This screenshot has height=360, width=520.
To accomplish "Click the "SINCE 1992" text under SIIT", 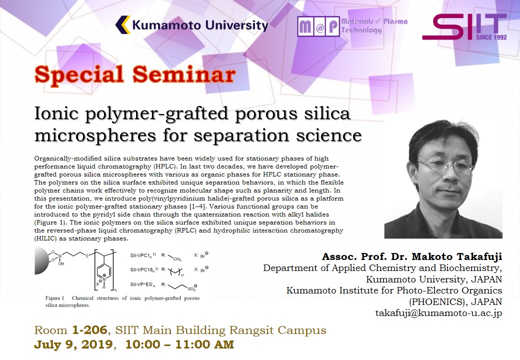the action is click(491, 37).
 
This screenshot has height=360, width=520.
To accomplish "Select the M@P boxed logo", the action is click(318, 26).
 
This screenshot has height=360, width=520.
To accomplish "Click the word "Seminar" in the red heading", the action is click(184, 74).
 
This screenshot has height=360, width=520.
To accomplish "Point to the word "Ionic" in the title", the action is click(56, 113).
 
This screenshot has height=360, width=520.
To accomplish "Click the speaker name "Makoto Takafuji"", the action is click(456, 256).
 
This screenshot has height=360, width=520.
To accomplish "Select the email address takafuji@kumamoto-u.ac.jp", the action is click(438, 313).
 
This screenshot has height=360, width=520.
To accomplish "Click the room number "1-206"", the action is click(89, 330).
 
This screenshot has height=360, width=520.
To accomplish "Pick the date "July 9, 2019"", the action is click(73, 345).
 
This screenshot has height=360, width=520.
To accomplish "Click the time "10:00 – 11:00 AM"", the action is click(179, 345).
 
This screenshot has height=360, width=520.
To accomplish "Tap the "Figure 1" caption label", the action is click(54, 298).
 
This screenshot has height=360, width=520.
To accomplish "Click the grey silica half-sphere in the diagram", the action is click(41, 260).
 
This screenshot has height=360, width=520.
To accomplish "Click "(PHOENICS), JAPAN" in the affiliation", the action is click(455, 302).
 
